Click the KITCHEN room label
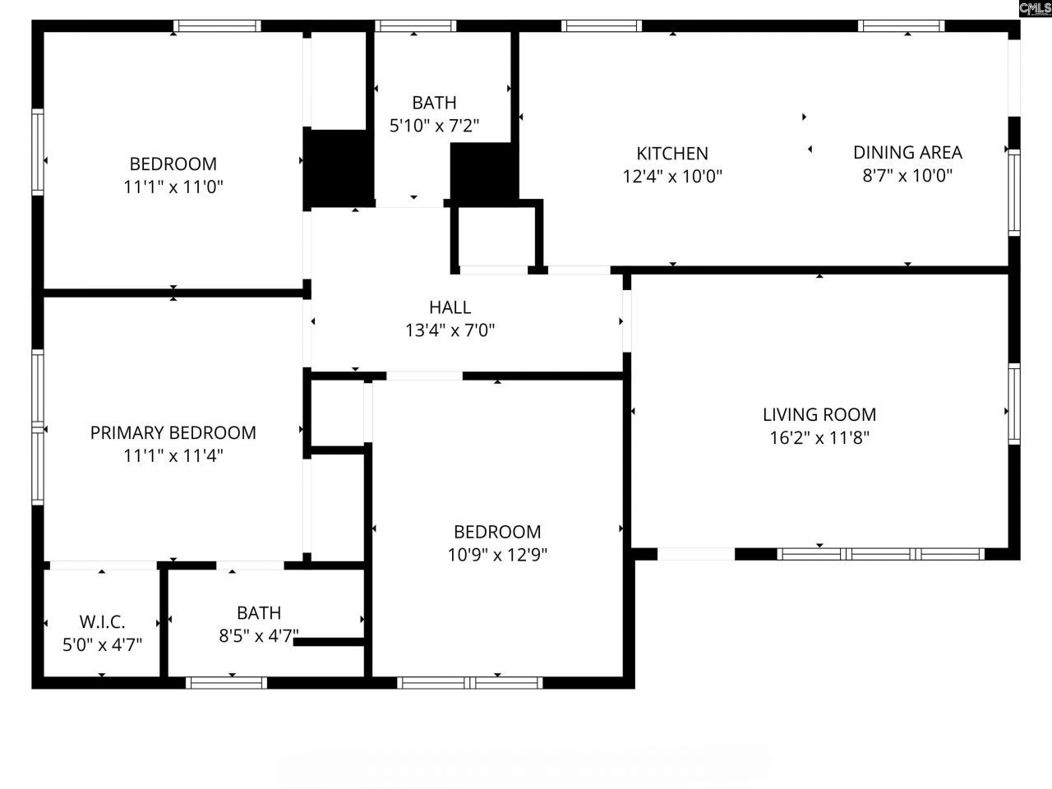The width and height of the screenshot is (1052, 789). [672, 153]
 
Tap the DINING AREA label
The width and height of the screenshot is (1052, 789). [907, 152]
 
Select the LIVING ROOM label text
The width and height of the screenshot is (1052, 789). [819, 414]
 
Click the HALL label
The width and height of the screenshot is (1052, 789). [450, 307]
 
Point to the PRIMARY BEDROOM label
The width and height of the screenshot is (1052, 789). [173, 432]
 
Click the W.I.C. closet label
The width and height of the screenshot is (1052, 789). [102, 621]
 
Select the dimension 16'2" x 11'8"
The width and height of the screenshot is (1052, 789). [819, 437]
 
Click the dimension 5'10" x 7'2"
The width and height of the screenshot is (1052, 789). [434, 126]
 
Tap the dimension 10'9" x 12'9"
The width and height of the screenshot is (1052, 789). [497, 555]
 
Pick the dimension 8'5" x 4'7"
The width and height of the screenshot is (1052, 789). [259, 635]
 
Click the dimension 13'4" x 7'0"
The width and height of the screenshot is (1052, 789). [450, 330]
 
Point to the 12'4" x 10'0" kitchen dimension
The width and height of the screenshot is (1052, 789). [672, 176]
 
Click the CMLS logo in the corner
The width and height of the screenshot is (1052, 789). [1035, 8]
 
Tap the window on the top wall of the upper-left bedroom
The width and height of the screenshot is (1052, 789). [217, 26]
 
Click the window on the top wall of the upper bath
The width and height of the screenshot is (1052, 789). [415, 26]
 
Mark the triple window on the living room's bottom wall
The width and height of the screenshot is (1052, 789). [880, 554]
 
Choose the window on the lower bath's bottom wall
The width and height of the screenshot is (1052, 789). [227, 682]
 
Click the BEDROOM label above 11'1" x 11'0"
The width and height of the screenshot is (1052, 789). [173, 164]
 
